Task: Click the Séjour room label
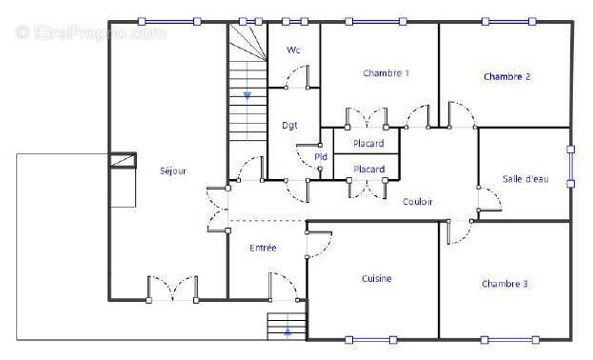pyautogui.click(x=173, y=171)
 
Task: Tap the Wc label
pyautogui.click(x=293, y=50)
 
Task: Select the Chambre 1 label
pyautogui.click(x=385, y=73)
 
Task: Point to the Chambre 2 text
pyautogui.click(x=506, y=76)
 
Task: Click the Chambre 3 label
pyautogui.click(x=504, y=284)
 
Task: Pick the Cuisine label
pyautogui.click(x=377, y=279)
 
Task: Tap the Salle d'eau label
pyautogui.click(x=525, y=179)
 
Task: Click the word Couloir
pyautogui.click(x=418, y=202)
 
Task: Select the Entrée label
pyautogui.click(x=264, y=248)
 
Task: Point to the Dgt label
pyautogui.click(x=289, y=126)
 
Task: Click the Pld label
pyautogui.click(x=321, y=157)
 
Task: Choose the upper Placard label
pyautogui.click(x=368, y=144)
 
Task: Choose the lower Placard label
pyautogui.click(x=368, y=170)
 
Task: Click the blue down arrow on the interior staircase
pyautogui.click(x=247, y=95)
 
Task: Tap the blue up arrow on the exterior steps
pyautogui.click(x=287, y=332)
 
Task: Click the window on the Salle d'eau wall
pyautogui.click(x=571, y=167)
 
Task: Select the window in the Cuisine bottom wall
pyautogui.click(x=371, y=340)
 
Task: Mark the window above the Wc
pyautogui.click(x=295, y=22)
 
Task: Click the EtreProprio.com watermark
pyautogui.click(x=90, y=32)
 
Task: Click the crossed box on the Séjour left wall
pyautogui.click(x=123, y=160)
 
